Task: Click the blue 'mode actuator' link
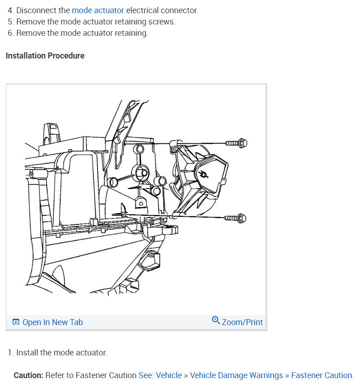(x=97, y=10)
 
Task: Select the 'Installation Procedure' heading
(x=45, y=56)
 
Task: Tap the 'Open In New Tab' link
(x=53, y=322)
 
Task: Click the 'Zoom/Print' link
(x=242, y=322)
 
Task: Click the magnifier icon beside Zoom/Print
(x=216, y=321)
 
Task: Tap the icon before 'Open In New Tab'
(x=16, y=322)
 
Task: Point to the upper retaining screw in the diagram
(x=236, y=143)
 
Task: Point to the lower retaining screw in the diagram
(x=235, y=219)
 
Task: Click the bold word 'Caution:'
(x=29, y=375)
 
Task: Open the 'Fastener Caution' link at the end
(x=321, y=375)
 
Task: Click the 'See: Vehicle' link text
(x=160, y=375)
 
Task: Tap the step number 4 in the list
(x=10, y=10)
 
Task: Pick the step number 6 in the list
(x=10, y=33)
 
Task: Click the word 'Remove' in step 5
(x=29, y=22)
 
